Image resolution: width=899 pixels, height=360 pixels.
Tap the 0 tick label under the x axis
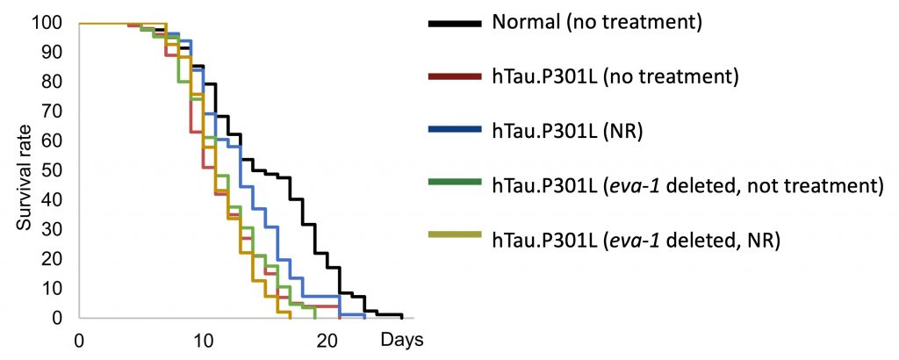(x=80, y=340)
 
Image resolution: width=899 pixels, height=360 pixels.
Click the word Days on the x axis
(x=403, y=338)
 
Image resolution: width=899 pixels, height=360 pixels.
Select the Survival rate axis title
(x=23, y=170)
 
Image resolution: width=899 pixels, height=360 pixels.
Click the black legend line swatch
(x=456, y=24)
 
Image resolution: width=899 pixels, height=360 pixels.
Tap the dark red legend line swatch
(x=456, y=76)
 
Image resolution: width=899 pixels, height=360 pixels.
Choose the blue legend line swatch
(x=456, y=130)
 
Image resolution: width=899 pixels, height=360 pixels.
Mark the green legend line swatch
(x=456, y=183)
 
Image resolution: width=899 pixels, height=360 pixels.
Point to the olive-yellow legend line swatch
(x=456, y=235)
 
